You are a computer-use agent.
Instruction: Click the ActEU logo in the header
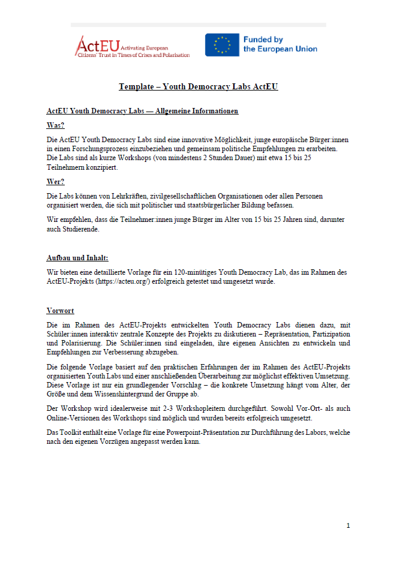click(x=132, y=46)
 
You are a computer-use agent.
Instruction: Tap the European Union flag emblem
click(x=222, y=45)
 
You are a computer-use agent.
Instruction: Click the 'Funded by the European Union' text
click(x=280, y=44)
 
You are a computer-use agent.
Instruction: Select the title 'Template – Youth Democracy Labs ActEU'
click(x=198, y=87)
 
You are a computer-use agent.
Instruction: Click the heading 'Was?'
click(x=56, y=125)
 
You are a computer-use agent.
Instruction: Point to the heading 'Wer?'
click(x=56, y=182)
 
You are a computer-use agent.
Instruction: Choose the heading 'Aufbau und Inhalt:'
click(x=77, y=257)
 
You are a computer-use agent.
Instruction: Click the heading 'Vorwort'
click(x=61, y=310)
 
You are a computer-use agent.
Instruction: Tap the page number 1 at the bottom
click(x=348, y=525)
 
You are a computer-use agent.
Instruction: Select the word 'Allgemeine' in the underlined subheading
click(x=179, y=111)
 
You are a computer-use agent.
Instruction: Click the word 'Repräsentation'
click(x=275, y=333)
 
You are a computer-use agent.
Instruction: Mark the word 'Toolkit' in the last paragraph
click(x=73, y=432)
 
